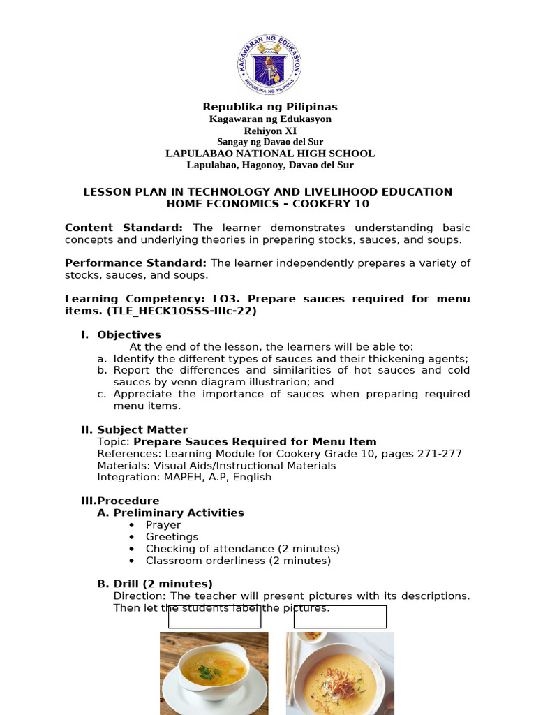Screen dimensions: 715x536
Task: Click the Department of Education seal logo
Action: pos(269,64)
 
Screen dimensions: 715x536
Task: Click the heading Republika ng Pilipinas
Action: pos(270,107)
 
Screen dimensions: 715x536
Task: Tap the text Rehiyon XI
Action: pos(262,131)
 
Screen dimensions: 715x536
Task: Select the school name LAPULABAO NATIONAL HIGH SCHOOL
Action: pos(270,154)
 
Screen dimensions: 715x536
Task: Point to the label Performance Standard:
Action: pos(136,263)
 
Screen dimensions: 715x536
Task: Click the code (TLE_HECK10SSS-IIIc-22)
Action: pos(161,311)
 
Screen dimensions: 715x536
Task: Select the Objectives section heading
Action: pos(128,334)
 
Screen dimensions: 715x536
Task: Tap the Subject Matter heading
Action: pos(142,430)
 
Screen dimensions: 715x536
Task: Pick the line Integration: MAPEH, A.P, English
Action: pos(184,478)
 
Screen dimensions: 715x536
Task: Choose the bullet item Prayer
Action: pos(163,525)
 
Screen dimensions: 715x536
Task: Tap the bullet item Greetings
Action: pos(172,537)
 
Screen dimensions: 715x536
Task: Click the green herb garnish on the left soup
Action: pos(207,672)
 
